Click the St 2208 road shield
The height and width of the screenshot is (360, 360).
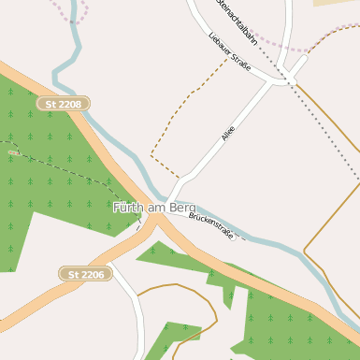tap(63, 104)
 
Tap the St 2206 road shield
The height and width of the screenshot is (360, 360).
tap(86, 274)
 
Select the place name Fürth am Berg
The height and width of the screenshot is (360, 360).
tap(153, 207)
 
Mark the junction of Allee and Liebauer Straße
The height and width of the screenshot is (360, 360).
tap(274, 82)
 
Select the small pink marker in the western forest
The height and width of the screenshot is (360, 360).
tap(12, 152)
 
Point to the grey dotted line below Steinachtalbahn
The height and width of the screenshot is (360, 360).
tap(327, 131)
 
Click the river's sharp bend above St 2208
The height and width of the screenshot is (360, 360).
tap(59, 69)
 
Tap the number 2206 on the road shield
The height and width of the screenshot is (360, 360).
tap(93, 274)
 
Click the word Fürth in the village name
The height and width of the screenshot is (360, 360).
tap(129, 207)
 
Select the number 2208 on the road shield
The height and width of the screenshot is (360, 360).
tap(69, 104)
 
